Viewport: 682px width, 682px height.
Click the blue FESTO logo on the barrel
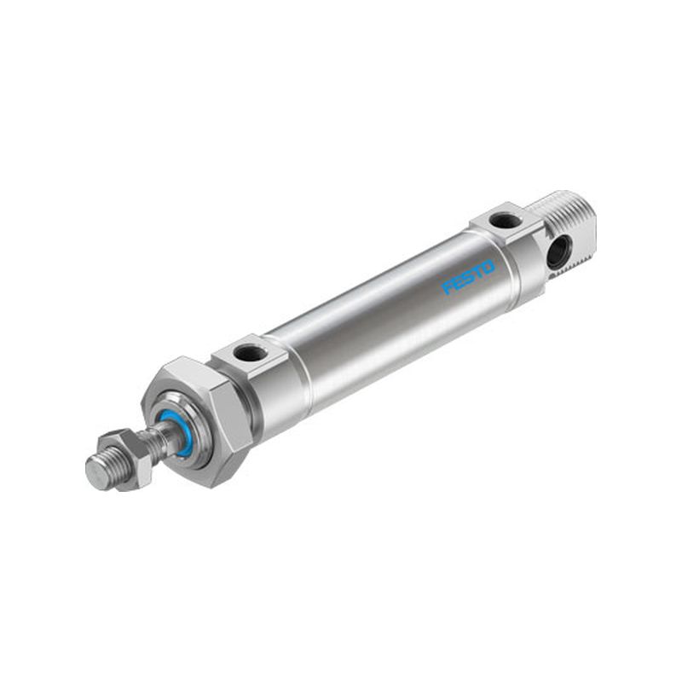pyautogui.click(x=468, y=277)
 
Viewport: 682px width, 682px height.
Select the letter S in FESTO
pyautogui.click(x=468, y=277)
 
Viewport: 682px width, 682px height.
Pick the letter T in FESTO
pyautogui.click(x=478, y=272)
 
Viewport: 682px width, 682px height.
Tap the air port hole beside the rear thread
pyautogui.click(x=506, y=221)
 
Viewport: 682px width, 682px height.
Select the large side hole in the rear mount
pyautogui.click(x=558, y=251)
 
